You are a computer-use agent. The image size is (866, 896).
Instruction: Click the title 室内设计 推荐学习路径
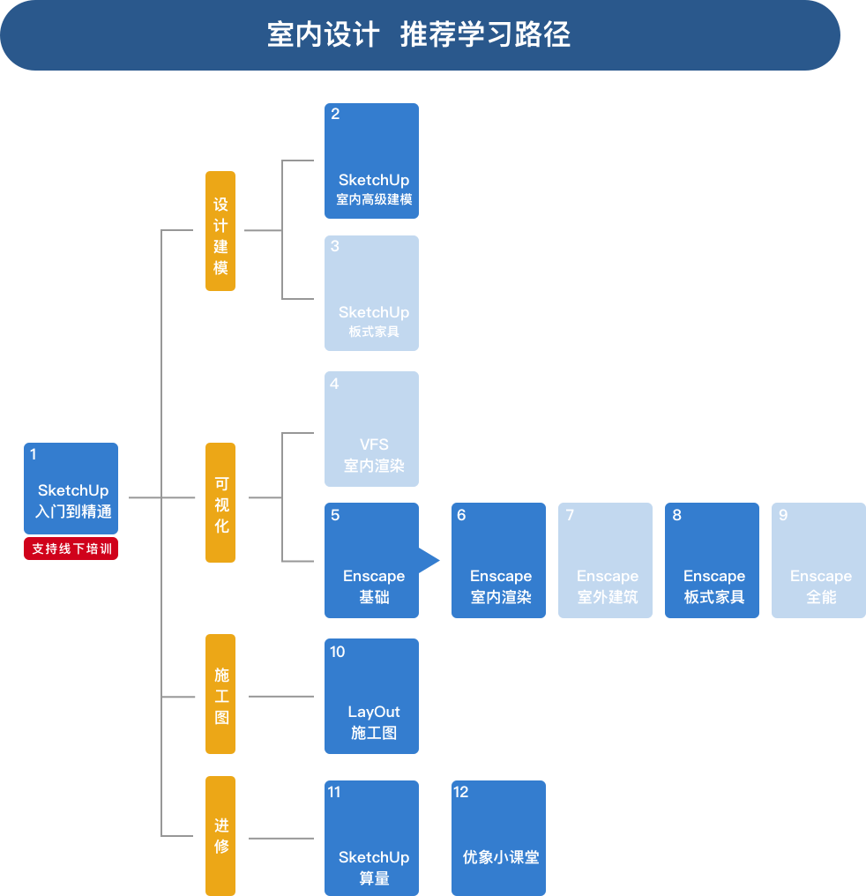419,35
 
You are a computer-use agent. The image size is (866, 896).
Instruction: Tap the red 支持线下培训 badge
71,549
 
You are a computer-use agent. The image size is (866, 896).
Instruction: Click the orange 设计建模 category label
220,231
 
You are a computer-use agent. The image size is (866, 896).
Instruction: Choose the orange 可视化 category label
220,503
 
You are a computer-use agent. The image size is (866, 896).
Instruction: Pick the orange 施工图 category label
220,694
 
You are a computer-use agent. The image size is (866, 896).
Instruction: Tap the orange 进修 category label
220,835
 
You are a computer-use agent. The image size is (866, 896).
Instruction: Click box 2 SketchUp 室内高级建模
371,161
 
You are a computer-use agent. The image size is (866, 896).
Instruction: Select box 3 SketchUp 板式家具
371,293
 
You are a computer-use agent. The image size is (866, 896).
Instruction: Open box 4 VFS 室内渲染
371,429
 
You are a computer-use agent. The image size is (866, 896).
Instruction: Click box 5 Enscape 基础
371,560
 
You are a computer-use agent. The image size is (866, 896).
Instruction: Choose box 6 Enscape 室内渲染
498,560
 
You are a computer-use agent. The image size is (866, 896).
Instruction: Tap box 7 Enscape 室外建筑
605,560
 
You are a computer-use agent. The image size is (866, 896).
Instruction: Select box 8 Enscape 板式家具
712,560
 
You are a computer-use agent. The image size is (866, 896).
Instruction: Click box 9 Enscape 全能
818,560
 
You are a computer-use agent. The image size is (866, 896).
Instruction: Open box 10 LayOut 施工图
371,696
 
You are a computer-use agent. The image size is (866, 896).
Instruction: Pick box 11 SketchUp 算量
371,838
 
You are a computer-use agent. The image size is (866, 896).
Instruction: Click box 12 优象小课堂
498,838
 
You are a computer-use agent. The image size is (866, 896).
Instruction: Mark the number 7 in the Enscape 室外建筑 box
571,515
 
